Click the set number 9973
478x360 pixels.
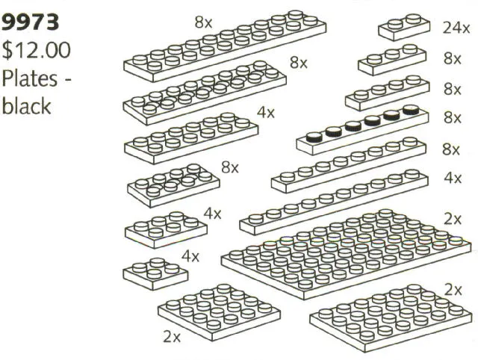pos(30,22)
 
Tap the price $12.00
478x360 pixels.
pos(36,51)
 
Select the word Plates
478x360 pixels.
pos(30,78)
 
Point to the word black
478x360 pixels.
pos(26,106)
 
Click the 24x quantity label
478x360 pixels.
pos(456,28)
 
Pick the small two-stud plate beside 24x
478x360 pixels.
pos(404,27)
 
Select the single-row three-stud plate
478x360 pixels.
pos(392,60)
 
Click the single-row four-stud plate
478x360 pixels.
pos(387,93)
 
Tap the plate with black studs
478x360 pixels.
pos(362,128)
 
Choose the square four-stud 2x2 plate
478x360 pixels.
pos(155,273)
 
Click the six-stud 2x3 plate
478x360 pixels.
pos(166,229)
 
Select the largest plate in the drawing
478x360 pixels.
pos(347,254)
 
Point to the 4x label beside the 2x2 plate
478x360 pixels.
pos(190,256)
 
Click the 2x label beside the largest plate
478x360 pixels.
pos(453,219)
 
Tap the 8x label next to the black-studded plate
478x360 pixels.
pos(453,118)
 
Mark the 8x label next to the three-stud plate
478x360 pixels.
pos(453,58)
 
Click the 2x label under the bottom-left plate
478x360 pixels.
pos(172,337)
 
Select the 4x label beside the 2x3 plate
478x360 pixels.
pos(212,214)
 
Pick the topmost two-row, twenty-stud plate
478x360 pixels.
pos(225,46)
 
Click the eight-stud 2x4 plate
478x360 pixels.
pos(173,186)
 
